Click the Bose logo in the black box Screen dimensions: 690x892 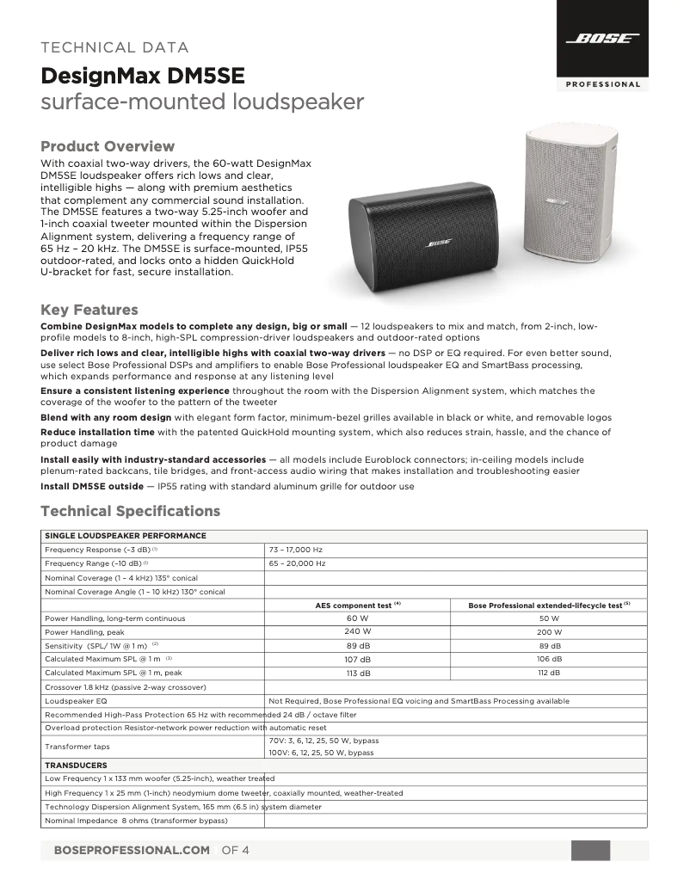tap(602, 39)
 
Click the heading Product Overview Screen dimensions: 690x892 tap(108, 146)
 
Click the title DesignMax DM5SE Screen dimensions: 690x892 tap(143, 77)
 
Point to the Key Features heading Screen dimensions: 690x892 tap(89, 310)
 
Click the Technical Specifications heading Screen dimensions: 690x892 tap(130, 511)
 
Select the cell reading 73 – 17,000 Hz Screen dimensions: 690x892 tap(296, 549)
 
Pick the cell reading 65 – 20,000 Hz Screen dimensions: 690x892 tap(297, 563)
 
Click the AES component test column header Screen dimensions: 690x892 tap(358, 605)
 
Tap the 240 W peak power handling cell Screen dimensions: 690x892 tap(358, 631)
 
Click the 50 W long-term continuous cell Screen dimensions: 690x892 tap(549, 618)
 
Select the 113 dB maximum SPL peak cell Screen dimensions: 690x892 tap(358, 673)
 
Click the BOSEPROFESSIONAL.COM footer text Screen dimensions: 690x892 tap(132, 850)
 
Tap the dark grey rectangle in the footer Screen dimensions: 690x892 tap(590, 850)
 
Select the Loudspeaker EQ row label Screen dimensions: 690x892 tap(76, 701)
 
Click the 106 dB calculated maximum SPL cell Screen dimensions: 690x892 tap(549, 659)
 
